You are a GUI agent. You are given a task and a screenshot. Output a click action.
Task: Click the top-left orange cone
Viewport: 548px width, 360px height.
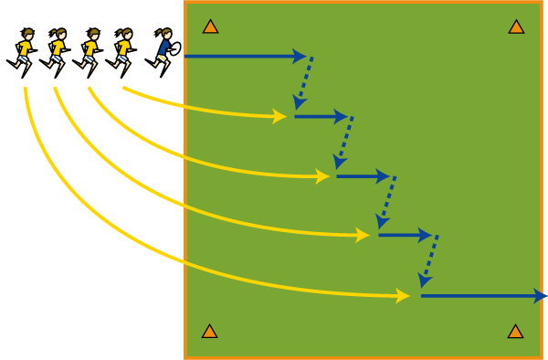(x=210, y=26)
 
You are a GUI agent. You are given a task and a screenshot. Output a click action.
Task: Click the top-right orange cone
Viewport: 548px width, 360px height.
(x=516, y=26)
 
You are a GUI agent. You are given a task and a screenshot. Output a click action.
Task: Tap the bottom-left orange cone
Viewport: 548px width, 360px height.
(x=209, y=331)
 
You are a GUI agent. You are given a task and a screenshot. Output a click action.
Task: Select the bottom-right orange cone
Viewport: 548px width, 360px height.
(x=515, y=331)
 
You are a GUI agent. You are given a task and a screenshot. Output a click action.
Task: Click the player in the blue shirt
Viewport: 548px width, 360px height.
(x=163, y=48)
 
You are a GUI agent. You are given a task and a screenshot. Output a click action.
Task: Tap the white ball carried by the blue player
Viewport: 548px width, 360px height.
(x=174, y=48)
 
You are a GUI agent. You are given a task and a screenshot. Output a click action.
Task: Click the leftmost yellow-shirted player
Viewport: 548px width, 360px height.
(x=24, y=49)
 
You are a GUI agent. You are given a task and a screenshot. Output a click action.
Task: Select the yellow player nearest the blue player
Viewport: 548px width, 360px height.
(x=122, y=49)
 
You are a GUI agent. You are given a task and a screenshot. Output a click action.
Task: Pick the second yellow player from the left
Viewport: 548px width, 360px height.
(x=57, y=49)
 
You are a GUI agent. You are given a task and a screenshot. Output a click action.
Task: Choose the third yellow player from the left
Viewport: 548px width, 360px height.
(x=90, y=49)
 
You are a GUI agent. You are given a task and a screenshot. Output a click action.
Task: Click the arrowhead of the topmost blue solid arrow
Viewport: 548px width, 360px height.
(x=300, y=57)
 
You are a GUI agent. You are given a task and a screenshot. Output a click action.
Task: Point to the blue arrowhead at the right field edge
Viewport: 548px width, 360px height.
(x=540, y=296)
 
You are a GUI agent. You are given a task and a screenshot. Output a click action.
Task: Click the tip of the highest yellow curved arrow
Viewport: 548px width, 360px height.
(x=280, y=116)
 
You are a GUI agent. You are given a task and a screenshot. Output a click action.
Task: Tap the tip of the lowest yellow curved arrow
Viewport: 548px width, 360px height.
(x=403, y=295)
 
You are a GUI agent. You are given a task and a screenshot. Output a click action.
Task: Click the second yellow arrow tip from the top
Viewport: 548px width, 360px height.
(x=322, y=176)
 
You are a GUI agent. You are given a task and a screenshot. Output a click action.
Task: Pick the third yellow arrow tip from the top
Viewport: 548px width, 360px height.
(x=363, y=235)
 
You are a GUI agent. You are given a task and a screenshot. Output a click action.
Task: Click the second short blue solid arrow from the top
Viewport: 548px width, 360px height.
(x=362, y=176)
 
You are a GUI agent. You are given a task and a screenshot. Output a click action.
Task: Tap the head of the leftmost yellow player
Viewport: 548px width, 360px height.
(x=27, y=35)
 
